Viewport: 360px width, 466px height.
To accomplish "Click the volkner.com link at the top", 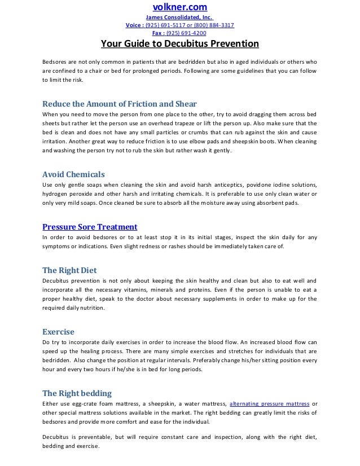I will [180, 7].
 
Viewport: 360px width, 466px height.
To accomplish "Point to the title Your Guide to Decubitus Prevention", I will [179, 45].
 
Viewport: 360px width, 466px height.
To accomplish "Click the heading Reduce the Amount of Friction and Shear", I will [120, 103].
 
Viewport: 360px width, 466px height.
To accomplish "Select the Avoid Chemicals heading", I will [74, 174].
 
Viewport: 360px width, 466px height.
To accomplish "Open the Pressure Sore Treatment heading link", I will [90, 227].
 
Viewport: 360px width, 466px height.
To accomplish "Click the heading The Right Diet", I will [70, 270].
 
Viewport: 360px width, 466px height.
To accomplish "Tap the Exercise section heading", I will [59, 332].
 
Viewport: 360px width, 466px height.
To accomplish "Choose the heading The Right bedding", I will [77, 393].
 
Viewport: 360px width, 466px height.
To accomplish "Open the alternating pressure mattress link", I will [269, 403].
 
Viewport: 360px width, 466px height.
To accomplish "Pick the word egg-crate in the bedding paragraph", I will [85, 403].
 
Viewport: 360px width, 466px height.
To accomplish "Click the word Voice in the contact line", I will [134, 26].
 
